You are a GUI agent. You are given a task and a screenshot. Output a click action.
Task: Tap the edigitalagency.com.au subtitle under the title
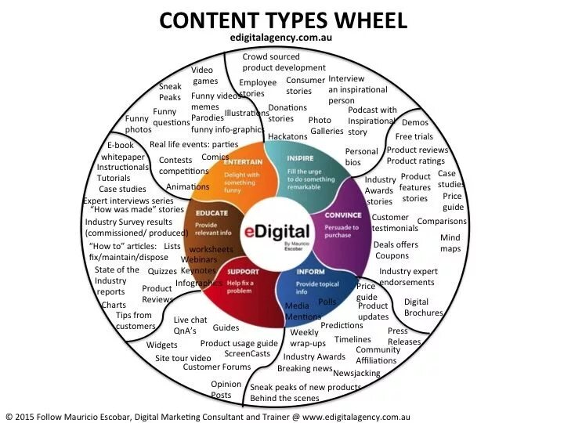[x=282, y=36]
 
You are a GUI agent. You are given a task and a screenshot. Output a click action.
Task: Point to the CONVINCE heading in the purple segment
[x=342, y=214]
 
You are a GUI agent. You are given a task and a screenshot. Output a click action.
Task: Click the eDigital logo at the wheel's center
[x=283, y=233]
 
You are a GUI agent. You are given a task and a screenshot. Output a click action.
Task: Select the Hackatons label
[x=287, y=136]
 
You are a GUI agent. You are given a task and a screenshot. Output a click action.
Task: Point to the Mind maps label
[x=450, y=243]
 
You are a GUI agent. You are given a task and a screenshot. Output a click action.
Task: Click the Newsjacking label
[x=356, y=373]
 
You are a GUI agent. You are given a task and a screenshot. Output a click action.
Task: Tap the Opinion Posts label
[x=226, y=389]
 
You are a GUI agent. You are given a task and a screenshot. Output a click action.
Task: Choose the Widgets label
[x=162, y=345]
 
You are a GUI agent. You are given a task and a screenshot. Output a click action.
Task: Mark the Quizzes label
[x=162, y=271]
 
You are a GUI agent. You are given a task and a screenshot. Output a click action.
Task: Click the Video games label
[x=205, y=75]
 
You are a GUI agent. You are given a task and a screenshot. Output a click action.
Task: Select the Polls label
[x=327, y=302]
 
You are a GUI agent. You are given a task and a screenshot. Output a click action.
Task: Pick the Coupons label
[x=392, y=255]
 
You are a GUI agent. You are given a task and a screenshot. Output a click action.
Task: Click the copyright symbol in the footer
[x=9, y=417]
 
